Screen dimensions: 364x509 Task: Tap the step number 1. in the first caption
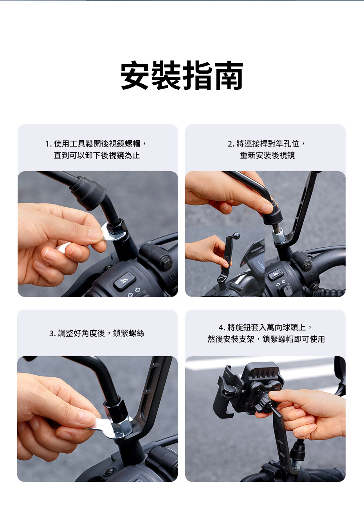tap(49, 144)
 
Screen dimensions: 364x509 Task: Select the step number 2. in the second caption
tap(231, 144)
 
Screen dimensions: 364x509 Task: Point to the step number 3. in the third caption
tap(53, 333)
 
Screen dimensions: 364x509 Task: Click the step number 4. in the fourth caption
tap(222, 328)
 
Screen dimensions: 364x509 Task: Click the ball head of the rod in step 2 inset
tap(236, 235)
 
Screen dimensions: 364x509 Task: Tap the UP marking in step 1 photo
tap(172, 276)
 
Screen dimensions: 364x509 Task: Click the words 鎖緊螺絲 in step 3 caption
tap(128, 333)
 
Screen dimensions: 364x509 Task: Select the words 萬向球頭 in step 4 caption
tap(282, 328)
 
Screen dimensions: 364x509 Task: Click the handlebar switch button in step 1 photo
tap(124, 282)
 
